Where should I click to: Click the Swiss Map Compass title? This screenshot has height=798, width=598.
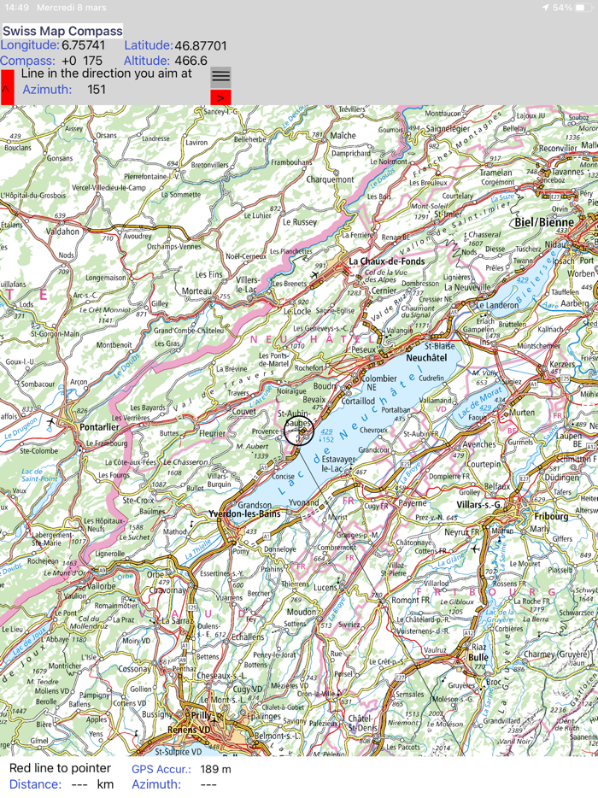pyautogui.click(x=62, y=32)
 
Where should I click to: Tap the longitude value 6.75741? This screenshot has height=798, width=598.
pyautogui.click(x=84, y=45)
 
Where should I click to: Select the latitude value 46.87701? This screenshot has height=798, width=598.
pyautogui.click(x=201, y=45)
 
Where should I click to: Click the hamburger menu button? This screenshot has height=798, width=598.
pyautogui.click(x=220, y=76)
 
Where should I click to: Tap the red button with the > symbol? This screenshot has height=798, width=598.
pyautogui.click(x=220, y=97)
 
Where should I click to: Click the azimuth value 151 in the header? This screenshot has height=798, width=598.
pyautogui.click(x=97, y=90)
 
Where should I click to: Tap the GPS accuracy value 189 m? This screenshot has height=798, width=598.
pyautogui.click(x=215, y=769)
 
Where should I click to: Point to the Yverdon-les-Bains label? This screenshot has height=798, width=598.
pyautogui.click(x=245, y=514)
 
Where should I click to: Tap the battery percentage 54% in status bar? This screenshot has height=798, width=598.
pyautogui.click(x=562, y=7)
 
